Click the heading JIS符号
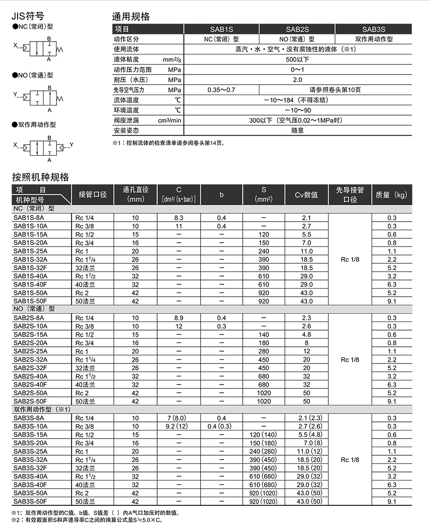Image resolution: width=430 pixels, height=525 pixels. pos(29,16)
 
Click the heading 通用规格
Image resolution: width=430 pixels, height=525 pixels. pos(130,16)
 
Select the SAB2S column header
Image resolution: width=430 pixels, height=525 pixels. pos(297,29)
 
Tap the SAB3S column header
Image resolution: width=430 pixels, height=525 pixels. pos(374,29)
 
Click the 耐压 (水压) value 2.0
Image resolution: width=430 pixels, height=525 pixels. pos(297,80)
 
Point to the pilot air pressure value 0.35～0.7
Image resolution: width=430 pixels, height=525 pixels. pos(221,90)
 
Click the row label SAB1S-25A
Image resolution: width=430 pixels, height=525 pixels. pos(31,251)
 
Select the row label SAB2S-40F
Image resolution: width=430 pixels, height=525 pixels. pos(31,385)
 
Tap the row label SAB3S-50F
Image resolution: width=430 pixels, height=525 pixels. pos(31,501)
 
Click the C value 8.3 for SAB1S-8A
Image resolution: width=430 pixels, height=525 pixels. pos(179,218)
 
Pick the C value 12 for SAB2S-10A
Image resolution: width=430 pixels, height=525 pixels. pos(179,326)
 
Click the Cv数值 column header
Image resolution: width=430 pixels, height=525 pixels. pos(306,194)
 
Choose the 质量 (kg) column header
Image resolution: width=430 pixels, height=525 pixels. pos(392,194)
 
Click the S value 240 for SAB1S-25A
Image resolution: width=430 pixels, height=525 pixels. pos(264,251)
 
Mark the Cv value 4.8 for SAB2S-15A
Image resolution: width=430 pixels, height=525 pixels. pos(306,334)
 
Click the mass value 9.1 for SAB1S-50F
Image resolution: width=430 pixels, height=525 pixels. pos(392,301)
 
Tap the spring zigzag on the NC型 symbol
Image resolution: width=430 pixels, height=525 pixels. pos(60,49)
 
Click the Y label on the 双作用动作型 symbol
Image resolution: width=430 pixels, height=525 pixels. pos(72,144)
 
